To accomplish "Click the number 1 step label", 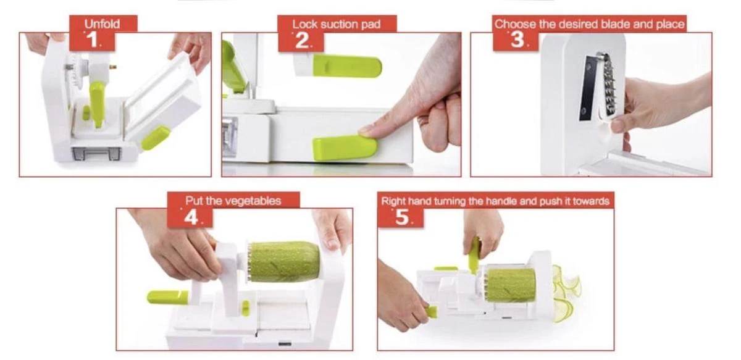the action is click(x=92, y=41).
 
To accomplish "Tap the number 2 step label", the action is click(x=302, y=41).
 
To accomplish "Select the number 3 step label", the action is click(x=517, y=40).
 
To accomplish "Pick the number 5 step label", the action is click(x=402, y=217).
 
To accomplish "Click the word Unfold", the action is click(x=102, y=24).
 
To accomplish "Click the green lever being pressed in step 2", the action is click(x=345, y=148).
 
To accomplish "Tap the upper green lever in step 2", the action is click(x=347, y=66).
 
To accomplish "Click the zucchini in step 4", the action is click(x=284, y=262).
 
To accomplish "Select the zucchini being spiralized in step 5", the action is click(x=511, y=285).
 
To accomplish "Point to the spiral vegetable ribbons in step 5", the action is click(x=566, y=293).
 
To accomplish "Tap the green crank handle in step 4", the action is click(x=167, y=298).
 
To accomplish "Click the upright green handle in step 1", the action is click(x=97, y=104).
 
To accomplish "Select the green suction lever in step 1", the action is click(x=156, y=138).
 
